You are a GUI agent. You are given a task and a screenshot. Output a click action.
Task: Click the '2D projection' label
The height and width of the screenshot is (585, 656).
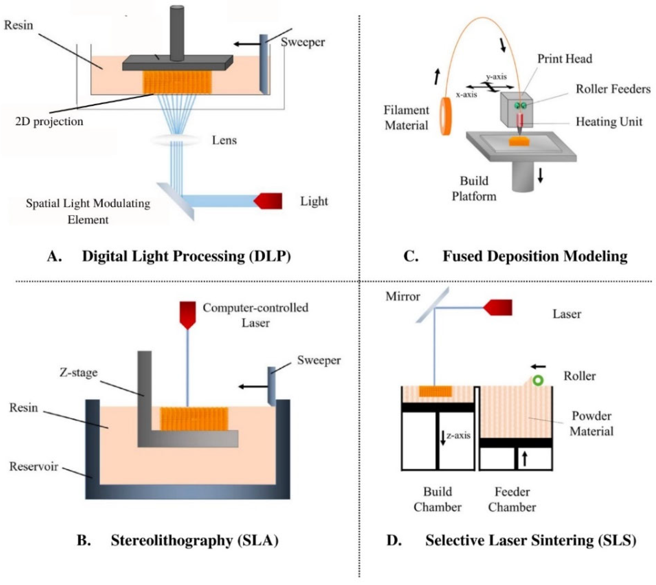click(49, 121)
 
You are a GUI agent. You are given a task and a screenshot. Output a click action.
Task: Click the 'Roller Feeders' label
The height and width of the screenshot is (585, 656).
click(613, 89)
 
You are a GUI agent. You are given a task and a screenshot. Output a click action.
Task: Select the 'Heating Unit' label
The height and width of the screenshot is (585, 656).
click(609, 121)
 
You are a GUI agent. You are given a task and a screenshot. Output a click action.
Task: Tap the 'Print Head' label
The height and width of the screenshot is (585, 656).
click(565, 59)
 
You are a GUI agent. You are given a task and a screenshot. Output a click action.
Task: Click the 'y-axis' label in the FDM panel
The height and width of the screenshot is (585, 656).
click(496, 77)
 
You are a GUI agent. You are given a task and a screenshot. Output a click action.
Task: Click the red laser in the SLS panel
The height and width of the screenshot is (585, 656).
click(498, 307)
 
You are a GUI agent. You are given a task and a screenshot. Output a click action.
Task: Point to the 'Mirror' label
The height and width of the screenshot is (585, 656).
click(403, 296)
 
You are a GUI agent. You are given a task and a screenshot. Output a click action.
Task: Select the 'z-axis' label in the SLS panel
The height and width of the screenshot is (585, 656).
click(458, 435)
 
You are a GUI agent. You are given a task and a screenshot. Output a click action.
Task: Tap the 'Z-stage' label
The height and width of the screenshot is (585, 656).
click(78, 372)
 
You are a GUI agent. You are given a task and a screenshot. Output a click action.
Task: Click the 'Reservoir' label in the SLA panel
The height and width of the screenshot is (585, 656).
click(34, 466)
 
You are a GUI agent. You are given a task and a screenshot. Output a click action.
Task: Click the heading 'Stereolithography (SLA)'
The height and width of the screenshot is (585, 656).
click(195, 540)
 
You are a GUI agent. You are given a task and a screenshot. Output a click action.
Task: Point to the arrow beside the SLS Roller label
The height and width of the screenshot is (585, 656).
click(538, 367)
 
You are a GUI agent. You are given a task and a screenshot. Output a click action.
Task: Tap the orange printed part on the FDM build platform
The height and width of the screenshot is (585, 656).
click(520, 142)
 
